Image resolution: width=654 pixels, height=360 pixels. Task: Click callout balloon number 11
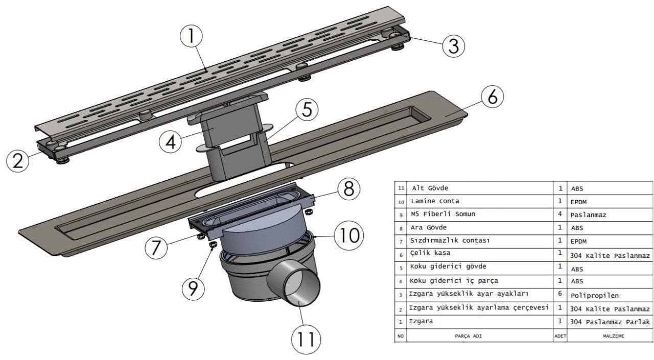[x=306, y=339]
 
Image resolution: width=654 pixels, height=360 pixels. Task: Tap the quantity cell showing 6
[x=560, y=294]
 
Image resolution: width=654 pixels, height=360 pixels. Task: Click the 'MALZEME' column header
[x=609, y=336]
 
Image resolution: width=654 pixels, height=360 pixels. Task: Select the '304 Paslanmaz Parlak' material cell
[x=610, y=322]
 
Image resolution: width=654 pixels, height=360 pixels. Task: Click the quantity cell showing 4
[x=560, y=214]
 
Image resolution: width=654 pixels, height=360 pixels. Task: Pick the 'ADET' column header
[x=560, y=336]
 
